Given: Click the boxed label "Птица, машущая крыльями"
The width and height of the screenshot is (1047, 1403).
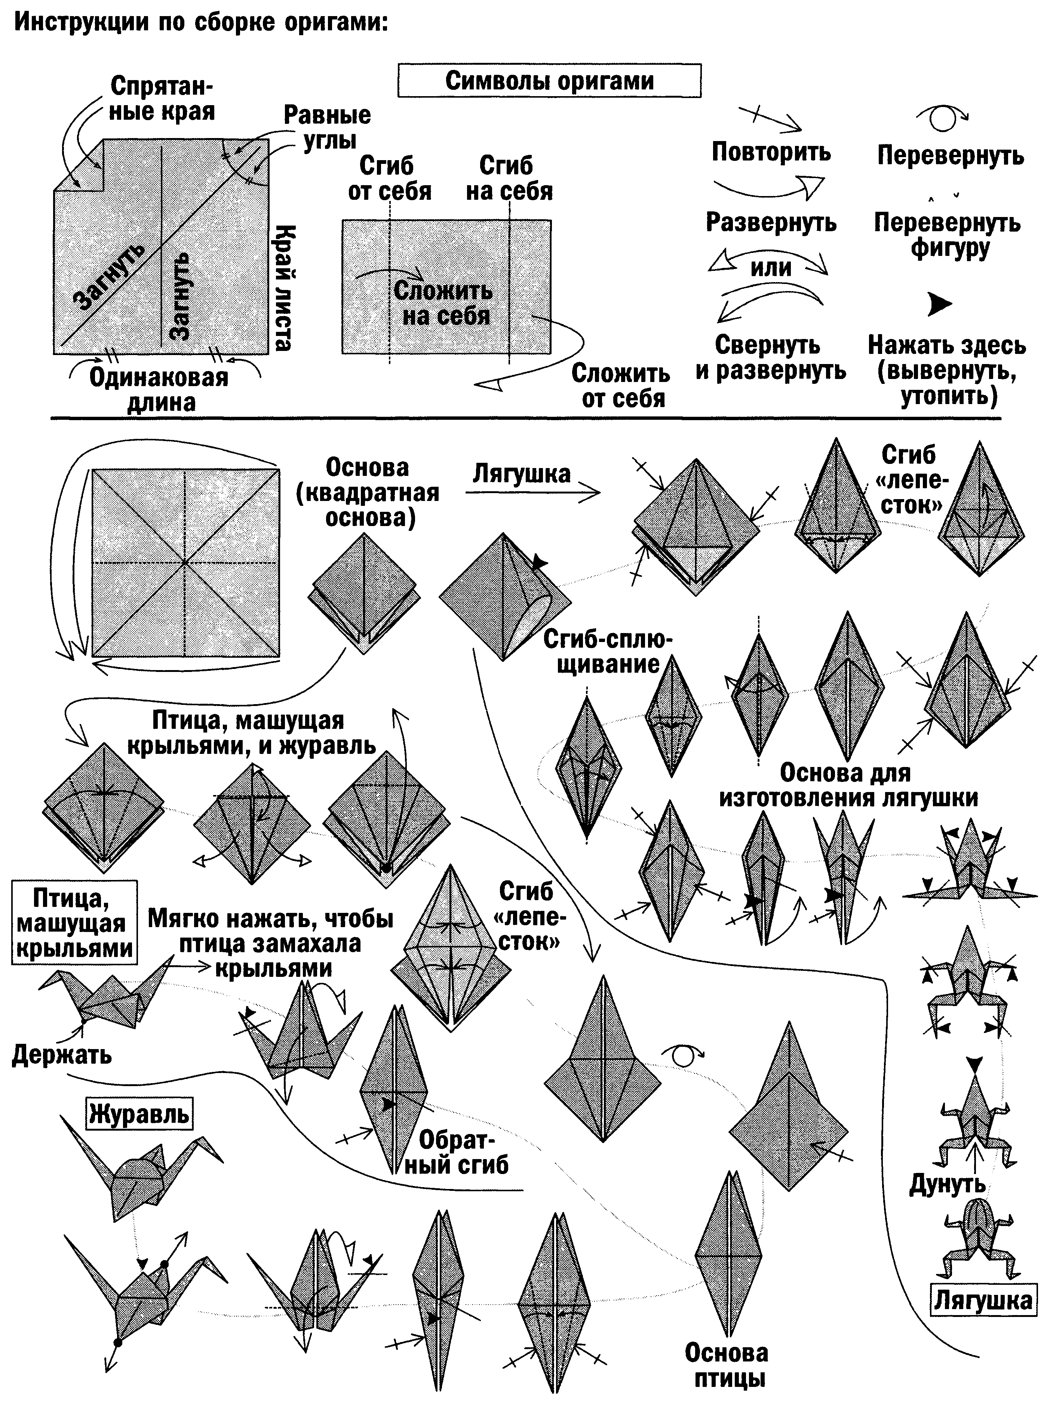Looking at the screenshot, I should [x=74, y=923].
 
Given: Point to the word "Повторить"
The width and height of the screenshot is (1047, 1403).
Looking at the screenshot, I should [x=771, y=152].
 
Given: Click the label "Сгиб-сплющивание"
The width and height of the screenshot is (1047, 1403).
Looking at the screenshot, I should [x=607, y=652].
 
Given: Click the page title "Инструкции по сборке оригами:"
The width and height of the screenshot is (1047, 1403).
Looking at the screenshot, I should [x=200, y=24].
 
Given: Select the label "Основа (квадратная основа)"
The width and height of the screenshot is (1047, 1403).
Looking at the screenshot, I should [x=368, y=493].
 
